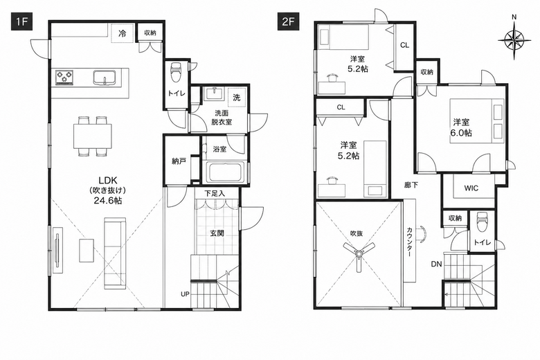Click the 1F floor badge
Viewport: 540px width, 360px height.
coord(21,21)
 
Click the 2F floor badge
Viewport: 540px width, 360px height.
coord(289,21)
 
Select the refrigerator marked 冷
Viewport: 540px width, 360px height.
coord(123,33)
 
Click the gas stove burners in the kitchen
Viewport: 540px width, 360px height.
coord(65,77)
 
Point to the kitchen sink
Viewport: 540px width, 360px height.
coord(104,77)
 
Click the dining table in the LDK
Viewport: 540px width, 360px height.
coord(93,136)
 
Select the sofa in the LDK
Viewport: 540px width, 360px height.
coord(115,252)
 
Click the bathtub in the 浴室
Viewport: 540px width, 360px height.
coord(224,173)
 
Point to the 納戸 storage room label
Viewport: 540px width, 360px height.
coord(179,161)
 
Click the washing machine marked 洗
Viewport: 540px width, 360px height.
coord(237,98)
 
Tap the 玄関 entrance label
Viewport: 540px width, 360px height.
coord(217,233)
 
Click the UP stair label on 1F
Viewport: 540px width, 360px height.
coord(185,294)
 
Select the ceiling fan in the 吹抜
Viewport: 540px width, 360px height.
coord(359,253)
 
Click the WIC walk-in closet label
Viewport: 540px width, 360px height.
coord(471,188)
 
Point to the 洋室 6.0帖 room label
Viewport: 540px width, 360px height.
coord(462,127)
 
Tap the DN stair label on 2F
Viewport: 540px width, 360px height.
coord(436,264)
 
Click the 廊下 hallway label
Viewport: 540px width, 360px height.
coord(411,185)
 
